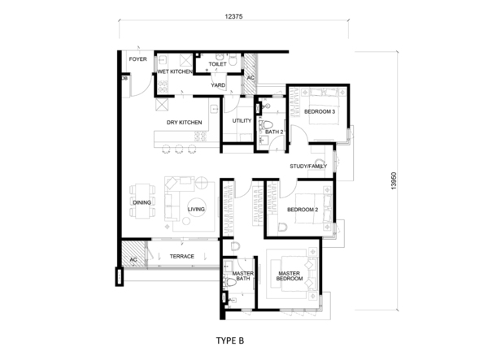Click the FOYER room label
click(x=138, y=59)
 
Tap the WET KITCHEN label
click(x=175, y=72)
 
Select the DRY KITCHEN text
click(x=185, y=123)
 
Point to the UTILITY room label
click(x=242, y=120)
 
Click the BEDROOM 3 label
click(x=320, y=111)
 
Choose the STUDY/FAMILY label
click(x=308, y=167)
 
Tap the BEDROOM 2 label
click(x=303, y=210)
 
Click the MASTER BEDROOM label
click(x=290, y=276)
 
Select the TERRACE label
click(x=182, y=257)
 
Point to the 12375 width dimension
click(x=233, y=16)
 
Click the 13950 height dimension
click(x=394, y=181)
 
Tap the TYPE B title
click(x=230, y=340)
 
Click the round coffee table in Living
click(x=196, y=206)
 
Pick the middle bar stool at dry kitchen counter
click(x=179, y=149)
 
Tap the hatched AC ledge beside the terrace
click(x=133, y=254)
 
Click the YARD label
click(x=218, y=85)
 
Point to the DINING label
click(x=142, y=202)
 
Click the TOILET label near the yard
click(x=217, y=64)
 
